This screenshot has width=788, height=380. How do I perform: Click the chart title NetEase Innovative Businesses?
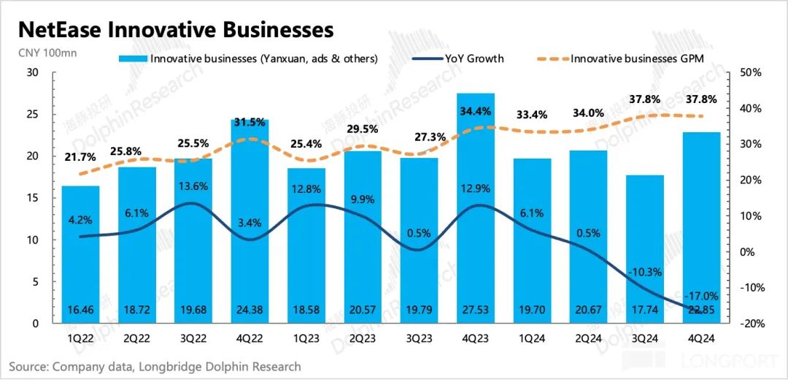pyautogui.click(x=176, y=29)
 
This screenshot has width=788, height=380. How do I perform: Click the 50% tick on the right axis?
pyautogui.click(x=749, y=72)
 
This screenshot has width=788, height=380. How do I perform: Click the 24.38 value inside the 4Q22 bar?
pyautogui.click(x=250, y=309)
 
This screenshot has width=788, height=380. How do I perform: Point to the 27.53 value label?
pyautogui.click(x=475, y=309)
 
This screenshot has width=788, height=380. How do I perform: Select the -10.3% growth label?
pyautogui.click(x=644, y=272)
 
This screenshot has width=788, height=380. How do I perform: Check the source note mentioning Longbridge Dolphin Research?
pyautogui.click(x=155, y=366)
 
